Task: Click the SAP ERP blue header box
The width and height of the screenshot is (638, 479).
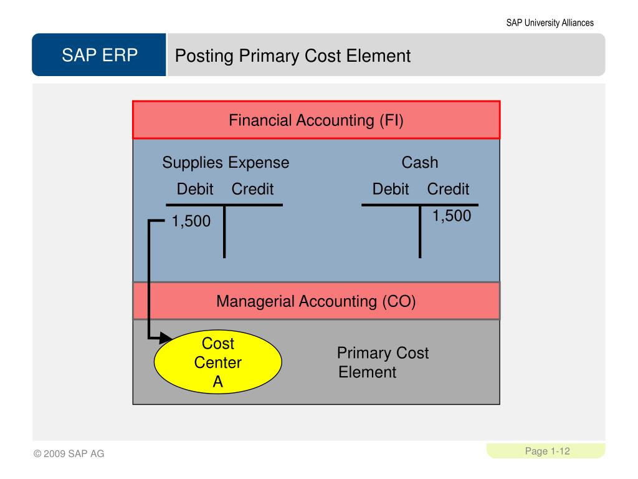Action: coord(100,56)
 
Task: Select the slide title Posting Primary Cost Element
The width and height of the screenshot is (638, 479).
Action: coord(293,56)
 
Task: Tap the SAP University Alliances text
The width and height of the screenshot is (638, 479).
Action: coord(550,23)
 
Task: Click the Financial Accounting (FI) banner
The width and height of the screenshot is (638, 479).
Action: coord(316,120)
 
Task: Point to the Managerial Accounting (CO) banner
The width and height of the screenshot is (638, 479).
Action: coord(316,301)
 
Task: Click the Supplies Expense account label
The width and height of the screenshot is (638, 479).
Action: coord(226,163)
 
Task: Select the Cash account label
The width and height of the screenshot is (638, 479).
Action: coord(419,163)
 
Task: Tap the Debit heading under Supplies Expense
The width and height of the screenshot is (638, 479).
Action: coord(195,189)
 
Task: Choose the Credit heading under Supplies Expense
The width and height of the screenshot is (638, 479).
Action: coord(252,189)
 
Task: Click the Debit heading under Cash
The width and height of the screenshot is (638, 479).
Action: coord(391,189)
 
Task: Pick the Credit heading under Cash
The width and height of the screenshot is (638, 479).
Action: coord(448,189)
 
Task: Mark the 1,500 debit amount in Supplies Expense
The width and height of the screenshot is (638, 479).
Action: coord(191,221)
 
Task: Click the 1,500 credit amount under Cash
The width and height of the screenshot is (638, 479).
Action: coord(452,216)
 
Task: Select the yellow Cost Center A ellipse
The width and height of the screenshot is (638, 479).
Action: coord(218,362)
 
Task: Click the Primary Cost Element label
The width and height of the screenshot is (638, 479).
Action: coord(382,362)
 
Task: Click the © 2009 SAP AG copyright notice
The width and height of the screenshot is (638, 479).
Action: coord(69,454)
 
